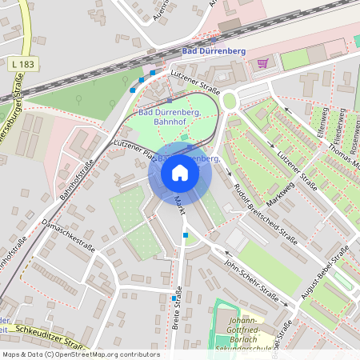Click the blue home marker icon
coord(180,173)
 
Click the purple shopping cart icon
coord(262,62)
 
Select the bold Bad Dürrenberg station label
coord(214,50)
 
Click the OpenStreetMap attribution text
coord(81,354)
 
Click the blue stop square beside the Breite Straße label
coord(174,298)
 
